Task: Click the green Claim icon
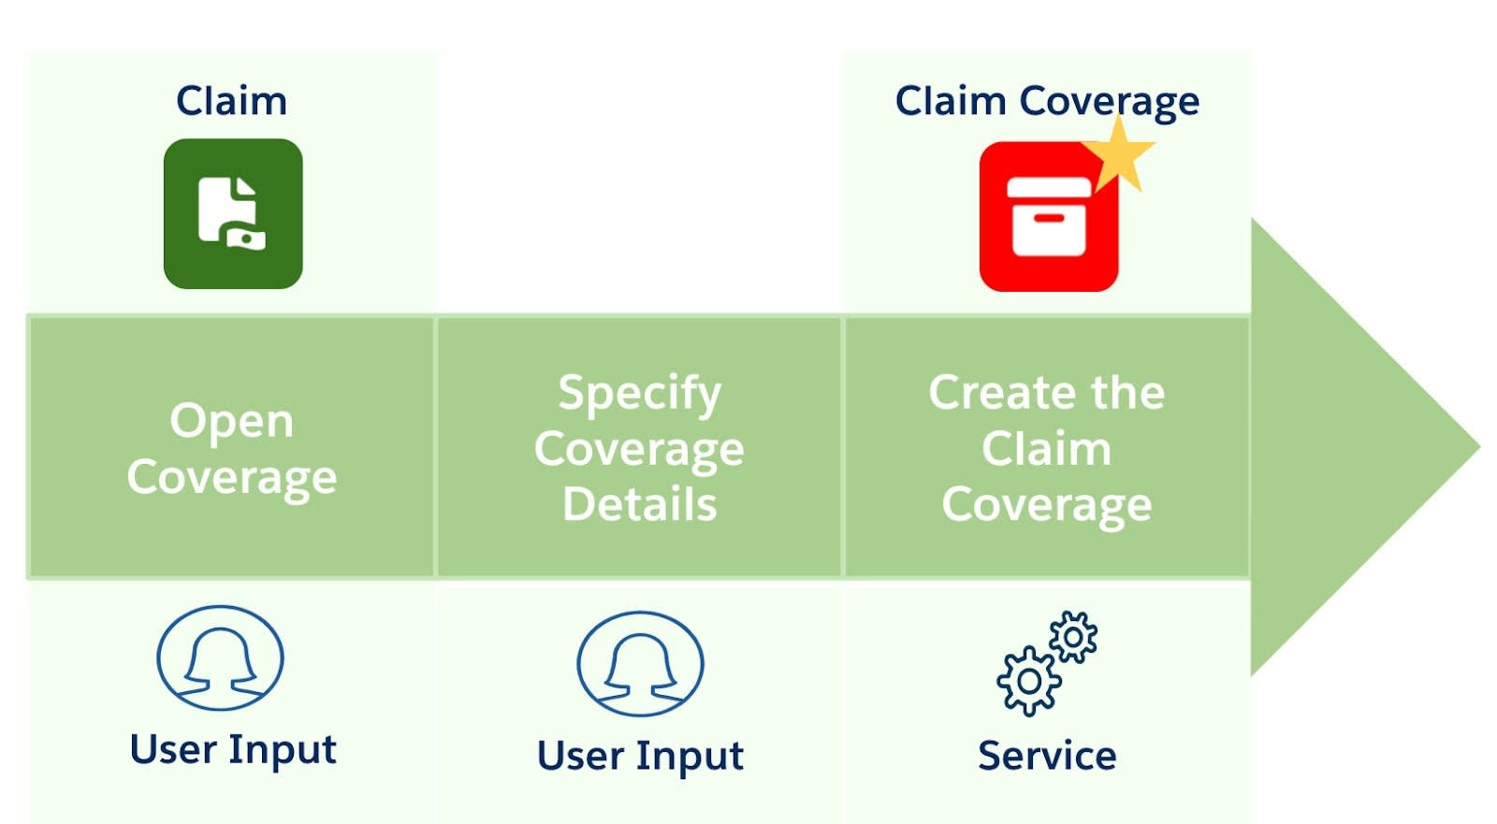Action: (x=233, y=213)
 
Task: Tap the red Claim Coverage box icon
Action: (x=1048, y=218)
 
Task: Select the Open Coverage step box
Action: (x=232, y=447)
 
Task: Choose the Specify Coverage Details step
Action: (x=640, y=447)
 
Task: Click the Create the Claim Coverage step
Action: (x=1047, y=447)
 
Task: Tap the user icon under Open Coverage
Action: (x=221, y=658)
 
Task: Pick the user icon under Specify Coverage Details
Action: (x=640, y=663)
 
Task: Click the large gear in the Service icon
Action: (x=1028, y=681)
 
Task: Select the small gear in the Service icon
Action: (x=1073, y=637)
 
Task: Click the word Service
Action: (x=1047, y=756)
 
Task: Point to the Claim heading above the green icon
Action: (x=231, y=100)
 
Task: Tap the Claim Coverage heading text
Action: (x=1047, y=101)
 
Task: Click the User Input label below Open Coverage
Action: (x=233, y=750)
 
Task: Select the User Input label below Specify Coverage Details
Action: (x=640, y=756)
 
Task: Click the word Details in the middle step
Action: (x=640, y=504)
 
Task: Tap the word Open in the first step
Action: (x=232, y=420)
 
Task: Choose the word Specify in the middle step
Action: (x=640, y=392)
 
